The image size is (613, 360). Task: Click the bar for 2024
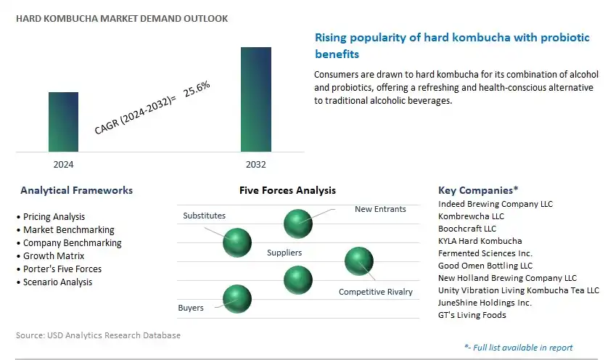pyautogui.click(x=63, y=122)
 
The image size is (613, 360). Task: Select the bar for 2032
pyautogui.click(x=256, y=99)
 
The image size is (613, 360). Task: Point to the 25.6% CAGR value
pyautogui.click(x=197, y=89)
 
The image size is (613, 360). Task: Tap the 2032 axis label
pyautogui.click(x=255, y=164)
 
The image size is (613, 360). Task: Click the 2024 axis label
pyautogui.click(x=63, y=164)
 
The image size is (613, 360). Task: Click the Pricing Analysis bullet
pyautogui.click(x=51, y=217)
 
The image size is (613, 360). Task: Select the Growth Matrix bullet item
pyautogui.click(x=51, y=256)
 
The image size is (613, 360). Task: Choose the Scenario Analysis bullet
pyautogui.click(x=54, y=282)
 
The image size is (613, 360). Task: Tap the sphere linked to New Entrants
pyautogui.click(x=298, y=224)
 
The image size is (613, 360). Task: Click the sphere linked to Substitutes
pyautogui.click(x=237, y=242)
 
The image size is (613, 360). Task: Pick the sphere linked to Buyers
pyautogui.click(x=237, y=299)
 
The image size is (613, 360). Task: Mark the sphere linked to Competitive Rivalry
pyautogui.click(x=359, y=261)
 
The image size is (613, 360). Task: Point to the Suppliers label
pyautogui.click(x=284, y=253)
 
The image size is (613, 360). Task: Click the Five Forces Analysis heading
pyautogui.click(x=287, y=191)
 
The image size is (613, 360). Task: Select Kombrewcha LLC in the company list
pyautogui.click(x=471, y=216)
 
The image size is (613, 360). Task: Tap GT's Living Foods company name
pyautogui.click(x=472, y=315)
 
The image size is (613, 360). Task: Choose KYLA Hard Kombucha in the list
pyautogui.click(x=480, y=241)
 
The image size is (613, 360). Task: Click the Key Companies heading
pyautogui.click(x=478, y=191)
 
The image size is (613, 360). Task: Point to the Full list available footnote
pyautogui.click(x=519, y=348)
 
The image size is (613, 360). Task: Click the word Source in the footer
pyautogui.click(x=29, y=335)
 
